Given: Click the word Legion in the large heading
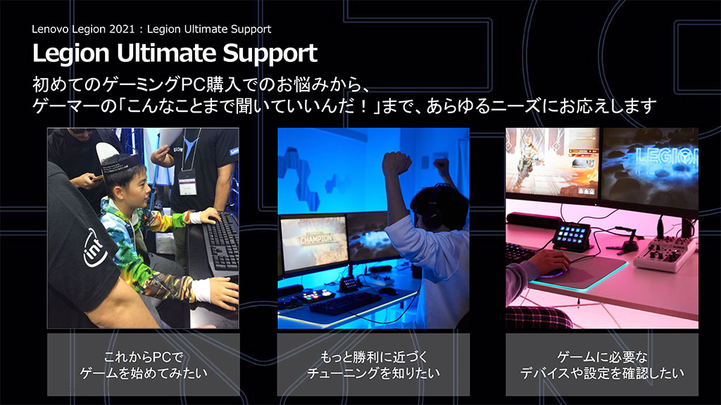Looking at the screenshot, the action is (71, 54).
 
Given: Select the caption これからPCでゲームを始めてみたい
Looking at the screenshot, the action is (144, 365).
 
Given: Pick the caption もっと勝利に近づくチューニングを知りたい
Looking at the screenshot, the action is (373, 365).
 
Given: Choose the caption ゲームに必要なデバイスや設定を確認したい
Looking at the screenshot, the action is (602, 365).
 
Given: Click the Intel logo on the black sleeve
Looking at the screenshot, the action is (95, 248).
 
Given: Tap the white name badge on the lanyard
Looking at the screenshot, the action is (187, 183).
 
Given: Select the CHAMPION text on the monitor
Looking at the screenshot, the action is (317, 239).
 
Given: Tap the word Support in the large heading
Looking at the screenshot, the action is (270, 54).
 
